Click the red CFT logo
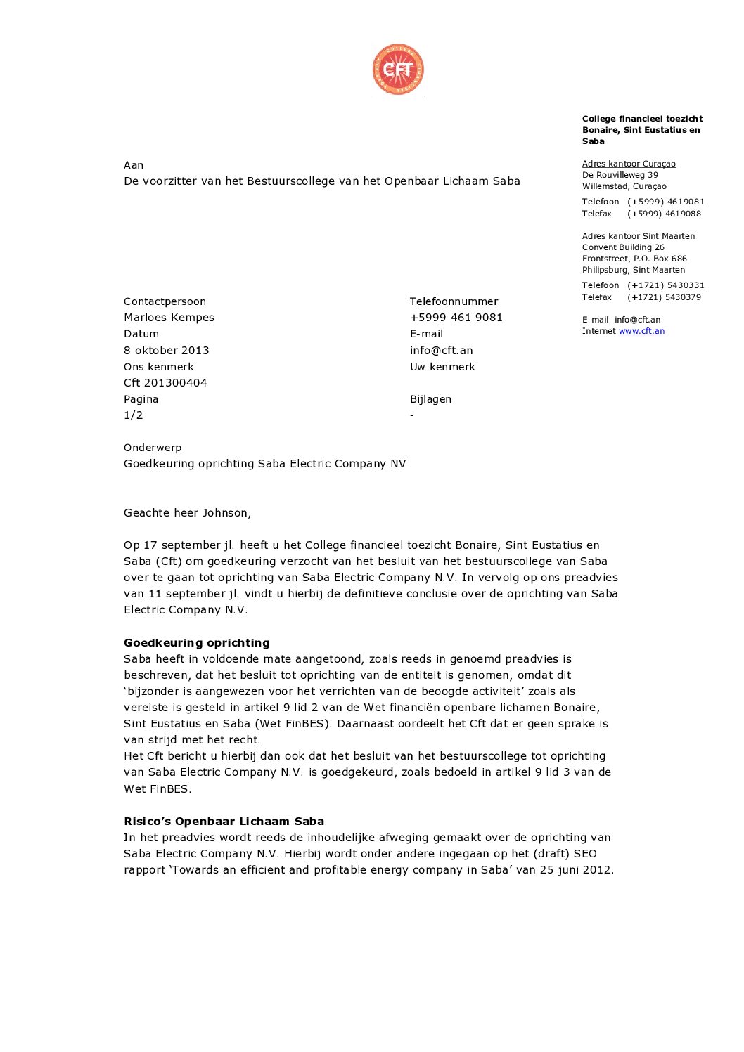pos(398,69)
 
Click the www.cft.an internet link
pos(641,331)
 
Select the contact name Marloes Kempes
pos(169,318)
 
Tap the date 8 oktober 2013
pos(166,350)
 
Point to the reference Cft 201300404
pos(165,383)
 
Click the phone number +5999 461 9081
pos(456,318)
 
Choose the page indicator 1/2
pos(133,415)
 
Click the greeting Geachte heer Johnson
pos(187,513)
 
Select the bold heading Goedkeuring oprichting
pos(196,642)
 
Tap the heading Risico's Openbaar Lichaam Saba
pos(224,821)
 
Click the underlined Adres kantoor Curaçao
pos(629,164)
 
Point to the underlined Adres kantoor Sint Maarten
pos(638,236)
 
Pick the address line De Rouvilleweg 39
pos(620,175)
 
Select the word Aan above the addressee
pos(134,165)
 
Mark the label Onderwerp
pos(153,448)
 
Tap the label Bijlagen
pos(430,399)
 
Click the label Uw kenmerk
pos(442,367)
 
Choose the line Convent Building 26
pos(623,247)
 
